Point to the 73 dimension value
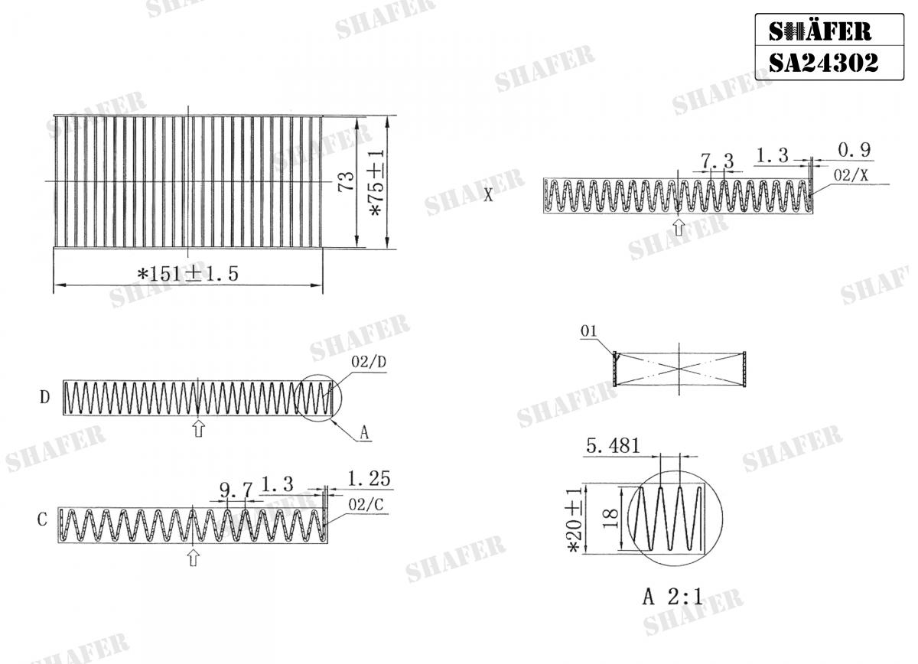click(x=347, y=182)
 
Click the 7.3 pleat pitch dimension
click(x=717, y=161)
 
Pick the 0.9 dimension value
click(x=855, y=150)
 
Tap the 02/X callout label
click(x=851, y=175)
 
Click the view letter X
click(x=488, y=195)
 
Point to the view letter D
click(x=45, y=398)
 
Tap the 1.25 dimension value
click(x=369, y=480)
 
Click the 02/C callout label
click(x=366, y=505)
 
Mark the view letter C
click(x=42, y=520)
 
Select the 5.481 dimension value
click(x=612, y=445)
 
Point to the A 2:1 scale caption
click(x=672, y=597)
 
